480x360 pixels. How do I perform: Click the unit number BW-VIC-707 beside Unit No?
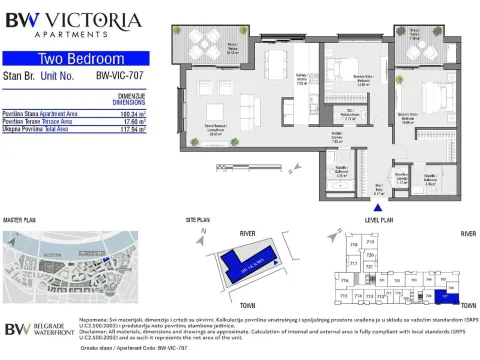pos(116,74)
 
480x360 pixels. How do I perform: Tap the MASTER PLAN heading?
pos(20,218)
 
